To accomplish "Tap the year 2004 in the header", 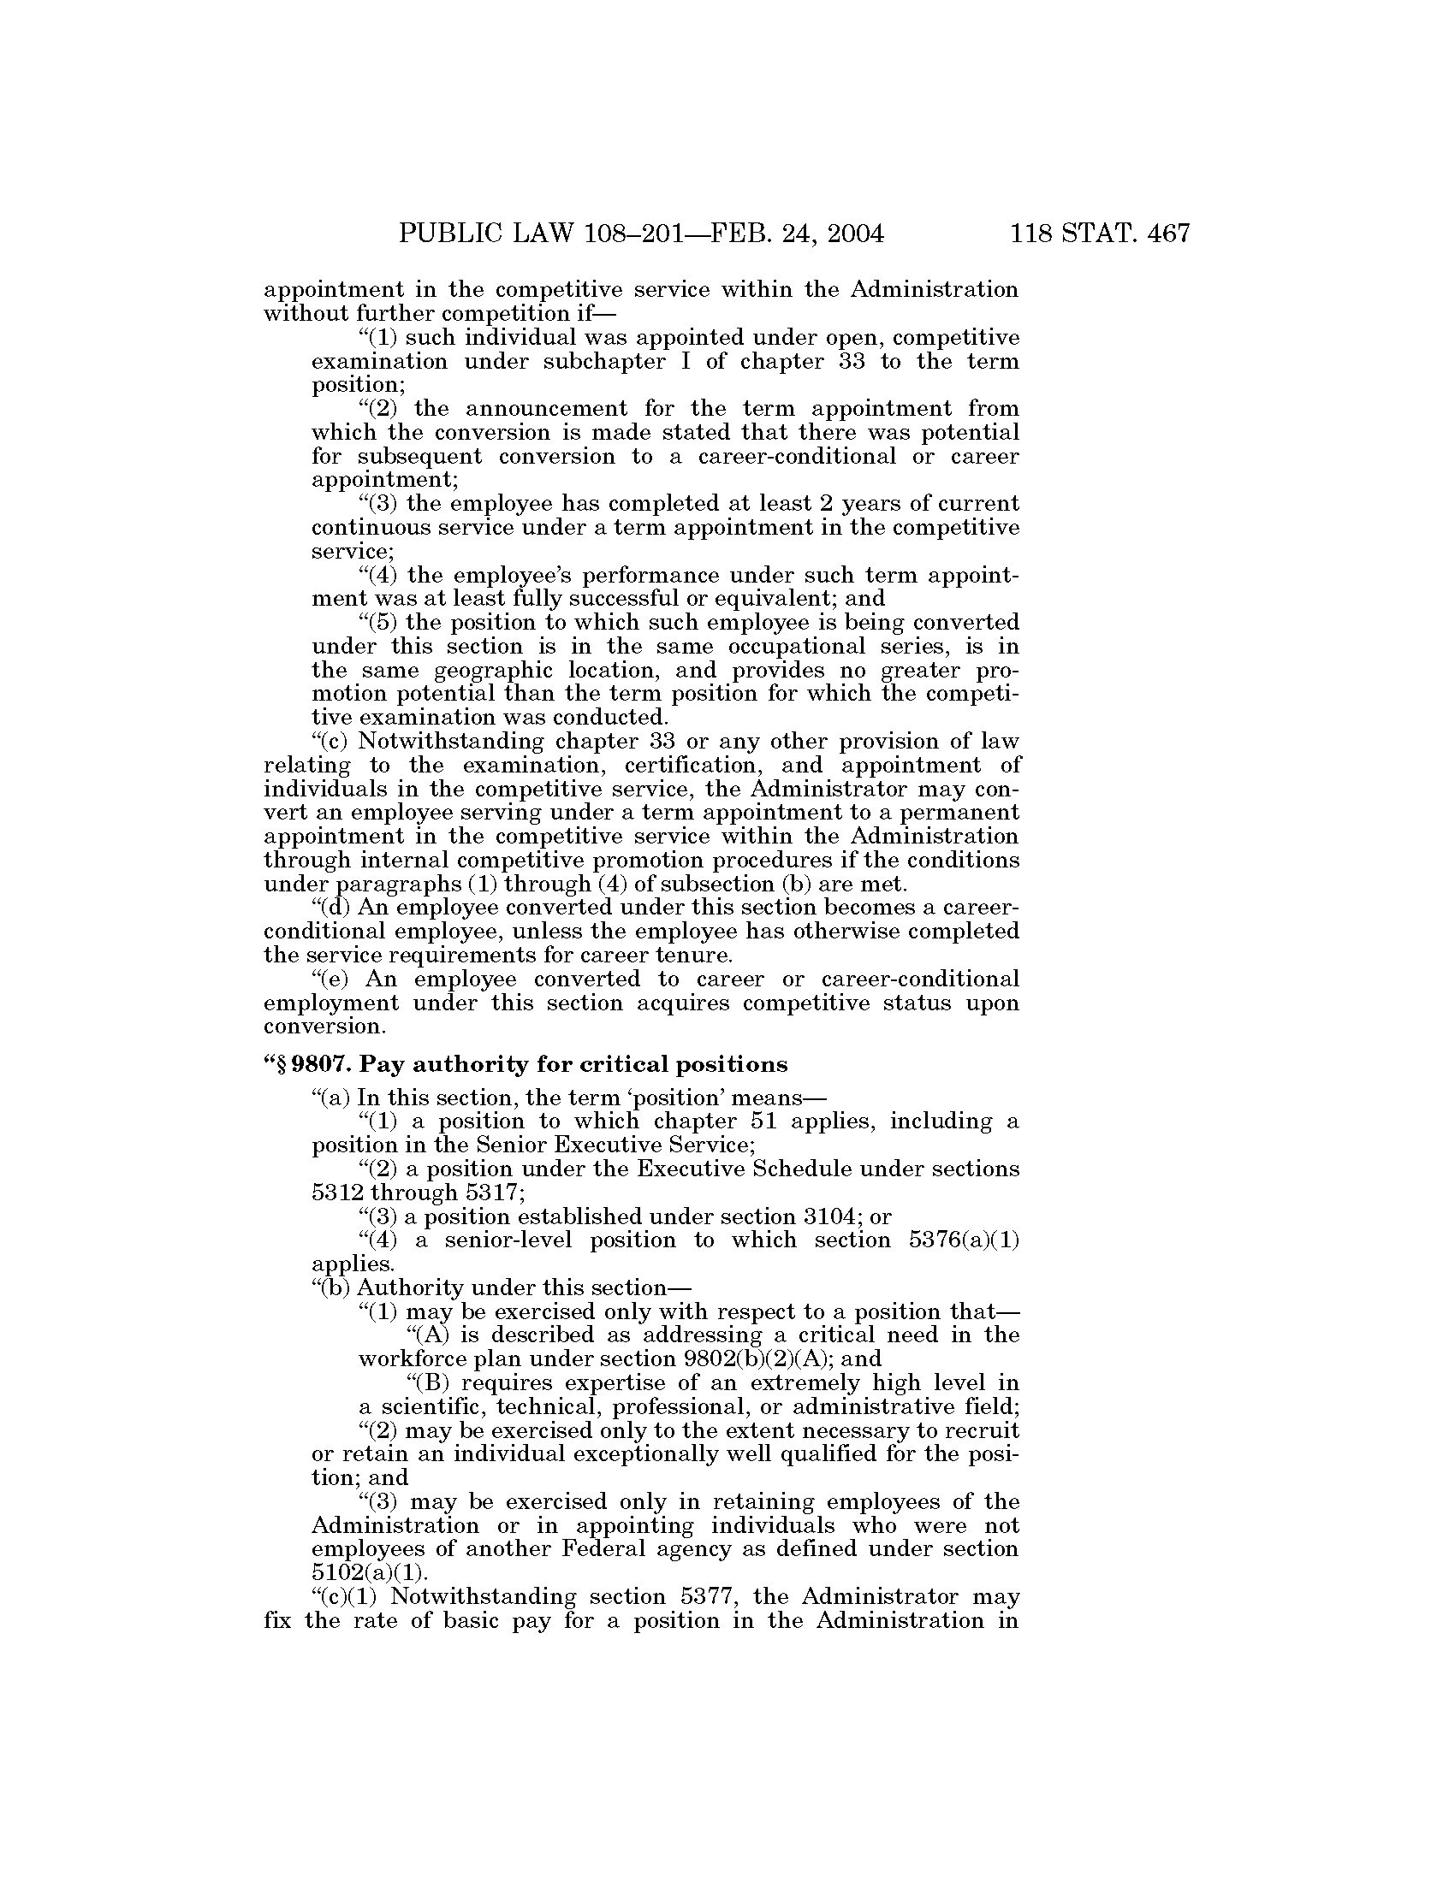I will pyautogui.click(x=850, y=234).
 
